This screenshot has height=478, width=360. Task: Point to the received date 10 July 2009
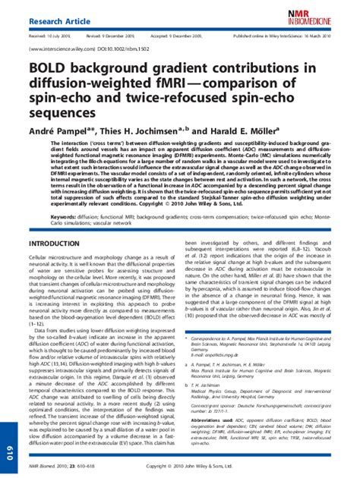(x=51, y=36)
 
